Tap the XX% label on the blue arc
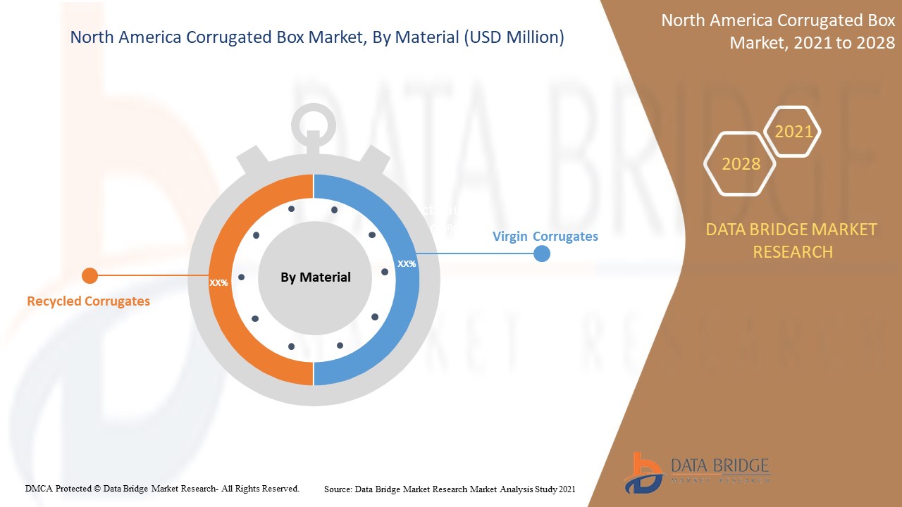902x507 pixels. coord(407,264)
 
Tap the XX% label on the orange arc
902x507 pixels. coord(218,282)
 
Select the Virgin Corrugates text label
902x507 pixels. coord(545,237)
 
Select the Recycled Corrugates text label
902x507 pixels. coord(88,301)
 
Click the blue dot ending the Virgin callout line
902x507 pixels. coord(541,254)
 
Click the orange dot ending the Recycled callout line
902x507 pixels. coord(89,275)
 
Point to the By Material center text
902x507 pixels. coord(315,277)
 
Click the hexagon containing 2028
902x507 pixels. coord(740,164)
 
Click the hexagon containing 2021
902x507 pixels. coord(793,132)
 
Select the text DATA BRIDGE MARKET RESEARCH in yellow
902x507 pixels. coord(792,240)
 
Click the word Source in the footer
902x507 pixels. coord(338,488)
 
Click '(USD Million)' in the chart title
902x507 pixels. coord(513,37)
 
